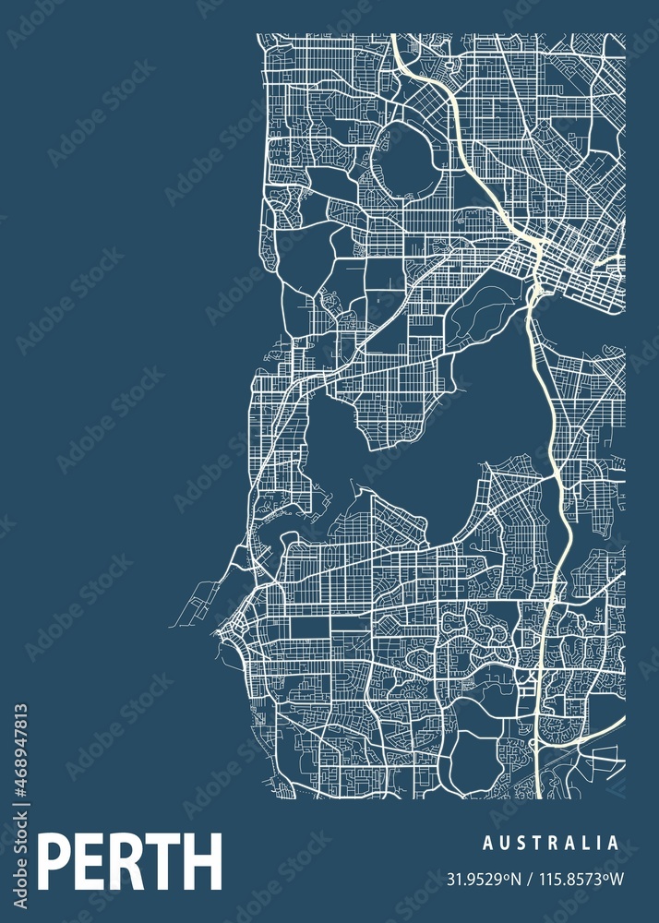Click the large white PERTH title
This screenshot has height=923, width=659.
(x=130, y=861)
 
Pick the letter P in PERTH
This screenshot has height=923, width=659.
(x=54, y=861)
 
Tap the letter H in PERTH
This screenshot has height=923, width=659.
(x=202, y=861)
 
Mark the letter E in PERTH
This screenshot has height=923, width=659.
(x=89, y=861)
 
